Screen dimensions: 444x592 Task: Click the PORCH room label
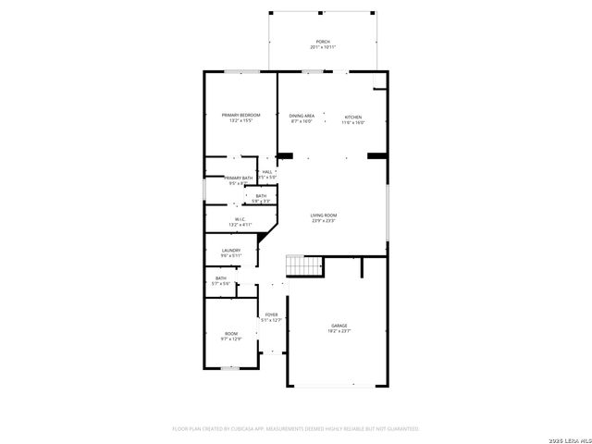coord(323,42)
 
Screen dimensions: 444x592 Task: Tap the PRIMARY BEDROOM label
coord(240,115)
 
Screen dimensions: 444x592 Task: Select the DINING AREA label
coord(302,116)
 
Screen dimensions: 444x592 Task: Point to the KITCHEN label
coord(353,117)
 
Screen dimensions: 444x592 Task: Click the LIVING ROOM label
coord(323,216)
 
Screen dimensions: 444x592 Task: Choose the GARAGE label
coord(340,326)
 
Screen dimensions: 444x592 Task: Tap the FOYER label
coord(271,314)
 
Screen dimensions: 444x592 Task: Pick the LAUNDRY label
coord(230,250)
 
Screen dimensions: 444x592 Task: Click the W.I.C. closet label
coord(239,219)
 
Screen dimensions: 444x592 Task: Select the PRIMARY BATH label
coord(238,178)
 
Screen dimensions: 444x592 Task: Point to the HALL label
coord(267,171)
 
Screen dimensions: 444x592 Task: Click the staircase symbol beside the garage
coord(303,265)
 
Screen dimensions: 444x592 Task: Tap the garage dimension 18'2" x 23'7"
coord(340,331)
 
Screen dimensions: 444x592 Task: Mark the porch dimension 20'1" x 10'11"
coord(323,47)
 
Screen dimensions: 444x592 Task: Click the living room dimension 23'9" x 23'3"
coord(323,221)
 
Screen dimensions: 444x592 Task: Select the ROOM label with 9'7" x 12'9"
coord(230,333)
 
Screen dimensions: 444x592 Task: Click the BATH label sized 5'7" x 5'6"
coord(220,278)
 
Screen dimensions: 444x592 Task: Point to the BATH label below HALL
coord(261,195)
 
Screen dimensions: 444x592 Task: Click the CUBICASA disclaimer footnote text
coord(296,429)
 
